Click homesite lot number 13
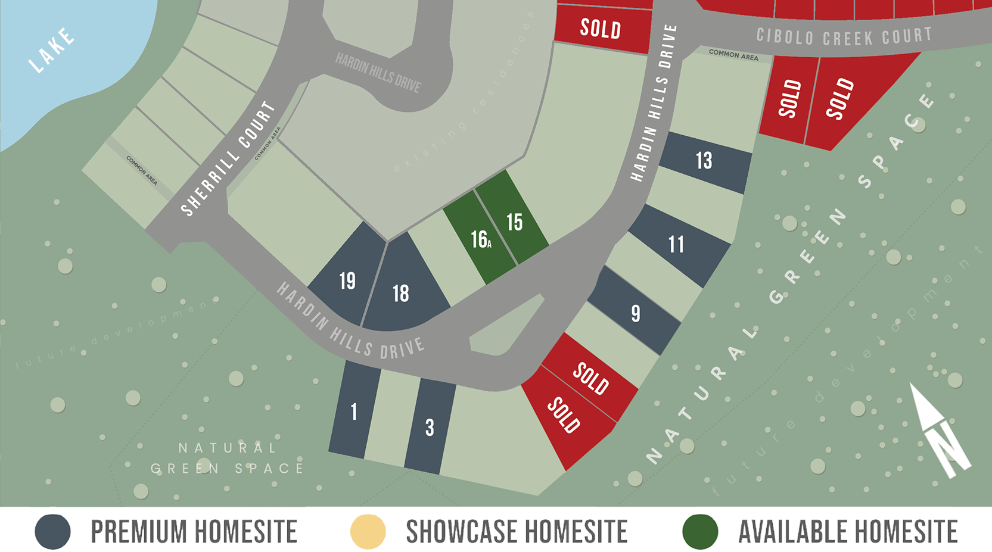point(704,161)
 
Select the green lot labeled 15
point(514,222)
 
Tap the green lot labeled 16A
point(480,239)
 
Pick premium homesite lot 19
point(347,280)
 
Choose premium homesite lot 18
point(401,294)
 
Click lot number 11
point(677,245)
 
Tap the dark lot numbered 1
point(354,411)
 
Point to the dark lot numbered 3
point(430,428)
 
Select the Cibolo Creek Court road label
point(844,37)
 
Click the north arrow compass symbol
point(940,432)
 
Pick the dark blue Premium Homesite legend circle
point(52,531)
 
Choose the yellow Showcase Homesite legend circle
point(368,531)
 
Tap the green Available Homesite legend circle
point(700,531)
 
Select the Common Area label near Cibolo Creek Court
point(733,55)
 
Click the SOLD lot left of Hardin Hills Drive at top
point(601,29)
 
